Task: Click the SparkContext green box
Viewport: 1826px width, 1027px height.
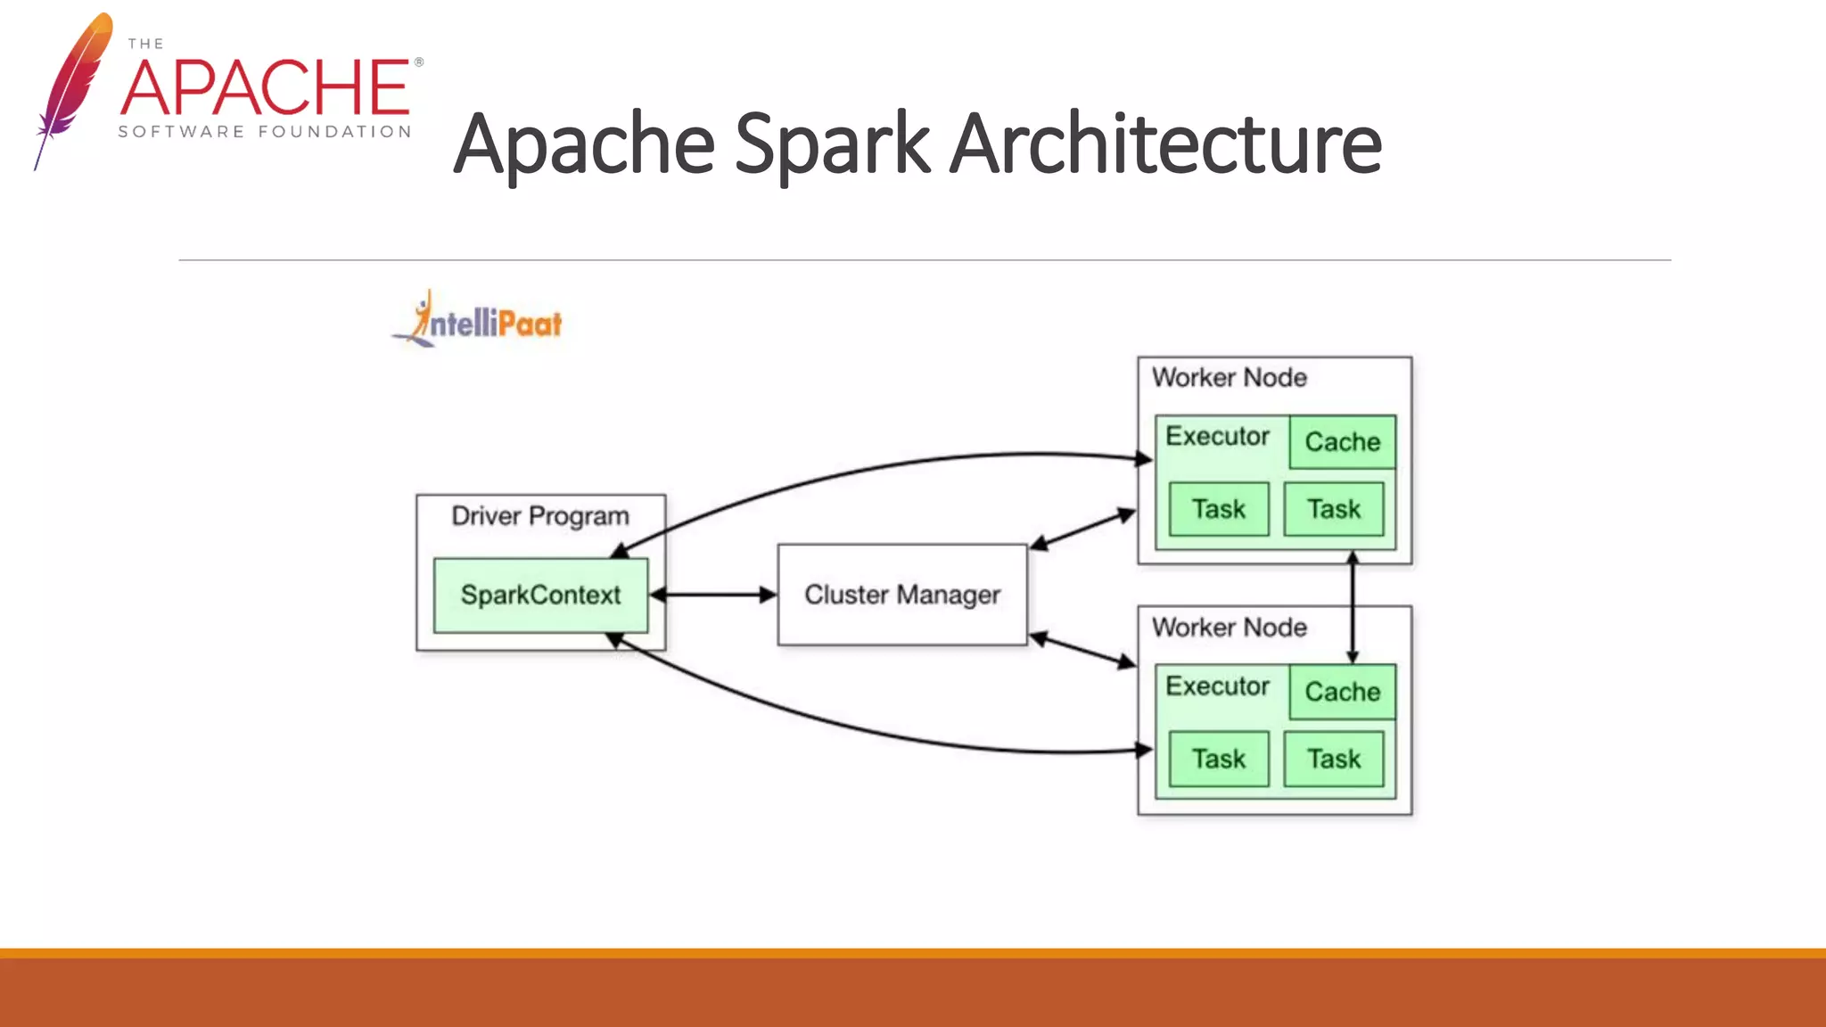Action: pyautogui.click(x=540, y=596)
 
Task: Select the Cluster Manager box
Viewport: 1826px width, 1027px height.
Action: pyautogui.click(x=901, y=595)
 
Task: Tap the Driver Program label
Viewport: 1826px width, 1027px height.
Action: pyautogui.click(x=540, y=516)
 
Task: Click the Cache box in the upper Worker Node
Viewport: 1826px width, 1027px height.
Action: pyautogui.click(x=1342, y=442)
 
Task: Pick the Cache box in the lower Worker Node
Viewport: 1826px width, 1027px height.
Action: pyautogui.click(x=1342, y=692)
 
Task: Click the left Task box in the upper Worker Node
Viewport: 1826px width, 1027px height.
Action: pyautogui.click(x=1218, y=509)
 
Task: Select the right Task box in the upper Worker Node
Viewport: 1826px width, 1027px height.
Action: pyautogui.click(x=1334, y=509)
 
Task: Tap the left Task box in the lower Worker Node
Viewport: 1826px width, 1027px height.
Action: pyautogui.click(x=1218, y=759)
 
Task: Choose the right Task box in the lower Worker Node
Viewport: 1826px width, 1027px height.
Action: pyautogui.click(x=1334, y=759)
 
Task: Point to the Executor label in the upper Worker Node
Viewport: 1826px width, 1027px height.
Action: pyautogui.click(x=1217, y=437)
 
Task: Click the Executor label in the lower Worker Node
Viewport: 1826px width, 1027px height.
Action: pyautogui.click(x=1217, y=686)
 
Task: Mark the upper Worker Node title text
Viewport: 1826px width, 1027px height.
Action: pyautogui.click(x=1229, y=378)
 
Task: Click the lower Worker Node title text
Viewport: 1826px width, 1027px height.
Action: pyautogui.click(x=1229, y=628)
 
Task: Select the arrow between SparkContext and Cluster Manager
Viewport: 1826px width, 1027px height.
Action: pyautogui.click(x=713, y=595)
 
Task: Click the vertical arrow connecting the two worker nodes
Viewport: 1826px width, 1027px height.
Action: pyautogui.click(x=1353, y=606)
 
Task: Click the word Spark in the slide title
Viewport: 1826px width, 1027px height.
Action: pyautogui.click(x=832, y=144)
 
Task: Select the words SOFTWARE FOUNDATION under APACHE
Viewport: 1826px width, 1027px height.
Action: pyautogui.click(x=265, y=132)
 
